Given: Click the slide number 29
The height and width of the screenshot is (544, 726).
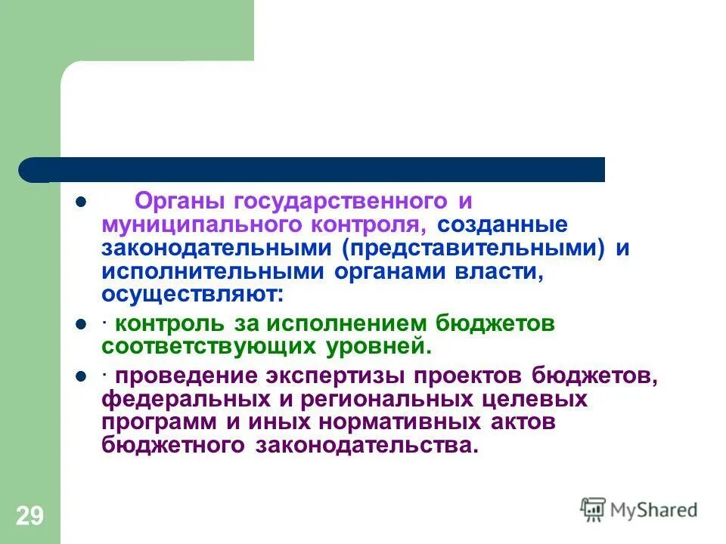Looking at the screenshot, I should pos(29,517).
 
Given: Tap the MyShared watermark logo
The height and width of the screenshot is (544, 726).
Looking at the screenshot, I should pos(639,510).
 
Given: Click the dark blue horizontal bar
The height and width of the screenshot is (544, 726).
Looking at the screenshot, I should pos(318,169).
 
